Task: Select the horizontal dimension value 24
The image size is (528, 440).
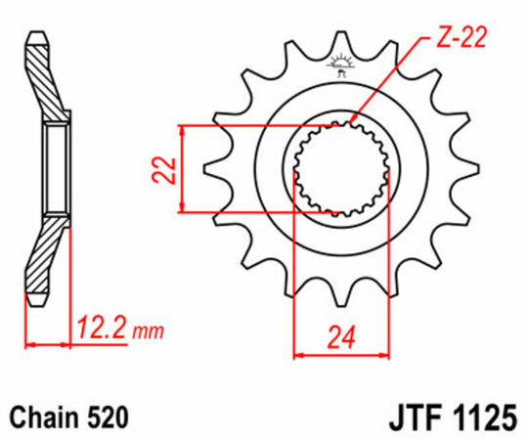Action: pos(341,340)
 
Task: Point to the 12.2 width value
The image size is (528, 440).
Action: pos(101,329)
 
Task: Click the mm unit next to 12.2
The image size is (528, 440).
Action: pos(149,331)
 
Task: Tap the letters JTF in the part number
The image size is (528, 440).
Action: pos(412,418)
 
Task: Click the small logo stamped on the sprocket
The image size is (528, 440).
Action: pos(341,67)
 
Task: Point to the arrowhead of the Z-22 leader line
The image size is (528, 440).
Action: pos(353,121)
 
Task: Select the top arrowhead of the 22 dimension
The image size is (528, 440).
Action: pos(182,131)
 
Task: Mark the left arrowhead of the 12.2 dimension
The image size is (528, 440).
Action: pos(30,344)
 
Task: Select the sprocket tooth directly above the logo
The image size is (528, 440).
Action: pos(341,40)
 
